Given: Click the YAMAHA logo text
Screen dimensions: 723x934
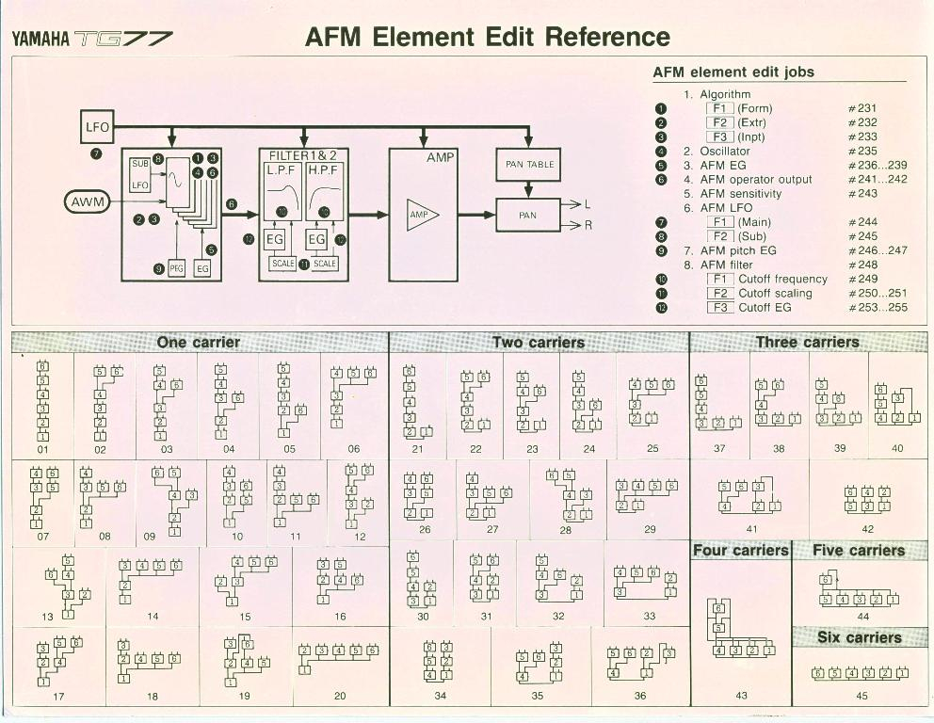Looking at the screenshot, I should point(40,40).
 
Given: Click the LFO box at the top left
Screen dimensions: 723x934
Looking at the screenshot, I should point(98,126).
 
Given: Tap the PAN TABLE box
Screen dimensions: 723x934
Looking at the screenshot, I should point(528,165).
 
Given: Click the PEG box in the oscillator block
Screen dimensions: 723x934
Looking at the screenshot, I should point(177,268).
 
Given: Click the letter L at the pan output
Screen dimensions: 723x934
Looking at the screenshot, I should point(588,203).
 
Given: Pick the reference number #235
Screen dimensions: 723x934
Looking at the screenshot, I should point(862,151).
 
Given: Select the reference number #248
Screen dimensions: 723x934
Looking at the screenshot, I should point(862,265).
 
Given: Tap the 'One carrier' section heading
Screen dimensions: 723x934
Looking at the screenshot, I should point(199,343).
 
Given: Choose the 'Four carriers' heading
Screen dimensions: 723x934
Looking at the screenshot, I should point(741,551).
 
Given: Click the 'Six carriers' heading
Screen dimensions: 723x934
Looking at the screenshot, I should point(859,637).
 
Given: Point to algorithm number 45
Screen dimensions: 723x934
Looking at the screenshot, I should point(862,697).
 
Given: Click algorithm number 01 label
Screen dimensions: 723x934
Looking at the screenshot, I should point(42,449).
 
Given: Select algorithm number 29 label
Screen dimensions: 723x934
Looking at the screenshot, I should point(650,529).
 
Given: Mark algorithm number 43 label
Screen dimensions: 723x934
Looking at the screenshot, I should point(741,696).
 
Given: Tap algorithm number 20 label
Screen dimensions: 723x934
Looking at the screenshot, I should point(340,696).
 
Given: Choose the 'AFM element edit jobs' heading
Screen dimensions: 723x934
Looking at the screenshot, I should point(733,72).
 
